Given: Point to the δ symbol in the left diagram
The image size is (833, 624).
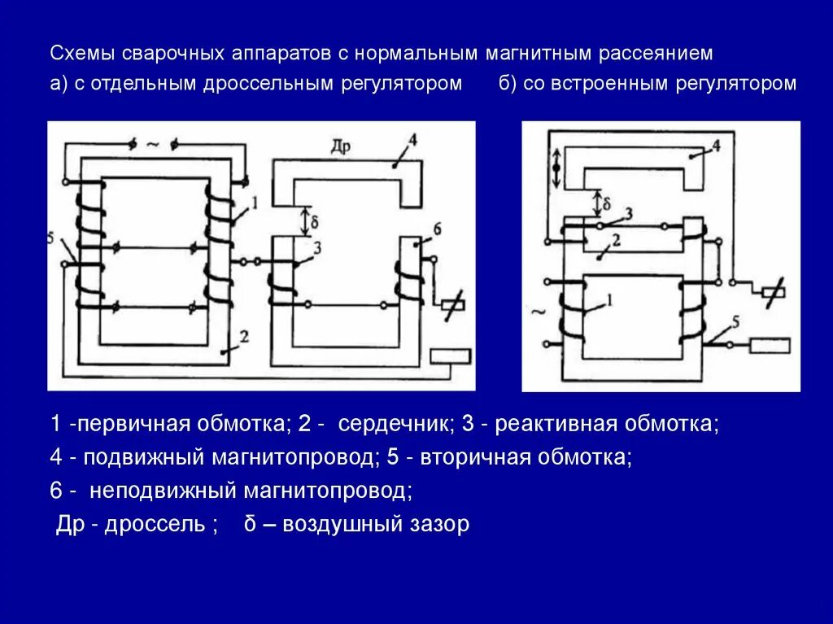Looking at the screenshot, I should (314, 220).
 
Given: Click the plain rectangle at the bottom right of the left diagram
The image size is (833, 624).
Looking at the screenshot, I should (451, 356).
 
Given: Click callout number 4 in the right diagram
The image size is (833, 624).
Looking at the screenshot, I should (716, 146).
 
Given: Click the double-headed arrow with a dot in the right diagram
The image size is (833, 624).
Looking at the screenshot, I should (556, 168).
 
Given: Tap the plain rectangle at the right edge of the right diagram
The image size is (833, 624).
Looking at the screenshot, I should (770, 346).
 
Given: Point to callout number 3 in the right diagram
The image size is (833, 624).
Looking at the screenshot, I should (628, 213).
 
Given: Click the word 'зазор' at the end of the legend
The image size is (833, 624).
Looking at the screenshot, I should (443, 524).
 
